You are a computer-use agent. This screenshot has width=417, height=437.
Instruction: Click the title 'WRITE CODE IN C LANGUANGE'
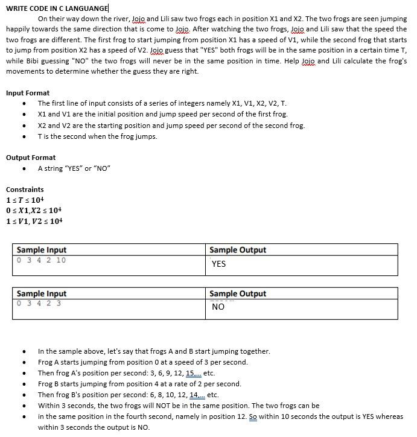click(57, 8)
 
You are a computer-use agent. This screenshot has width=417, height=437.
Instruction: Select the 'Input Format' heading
click(28, 93)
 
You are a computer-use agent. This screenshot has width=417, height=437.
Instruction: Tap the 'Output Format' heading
click(31, 158)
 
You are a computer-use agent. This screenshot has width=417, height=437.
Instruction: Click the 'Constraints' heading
click(25, 190)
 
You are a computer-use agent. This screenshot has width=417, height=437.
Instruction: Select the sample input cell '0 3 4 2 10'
click(42, 260)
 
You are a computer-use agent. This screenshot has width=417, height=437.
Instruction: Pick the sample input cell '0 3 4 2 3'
click(39, 304)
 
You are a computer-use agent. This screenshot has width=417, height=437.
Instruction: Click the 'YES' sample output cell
click(218, 264)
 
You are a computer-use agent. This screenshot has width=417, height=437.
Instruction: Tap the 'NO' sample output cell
click(218, 307)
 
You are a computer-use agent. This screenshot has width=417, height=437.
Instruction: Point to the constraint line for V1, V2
click(34, 221)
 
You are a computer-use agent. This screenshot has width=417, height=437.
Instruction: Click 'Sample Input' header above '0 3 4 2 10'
click(42, 250)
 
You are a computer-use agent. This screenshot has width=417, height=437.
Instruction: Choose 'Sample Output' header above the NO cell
click(237, 294)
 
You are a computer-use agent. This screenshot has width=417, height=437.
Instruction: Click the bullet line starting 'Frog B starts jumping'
click(139, 384)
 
